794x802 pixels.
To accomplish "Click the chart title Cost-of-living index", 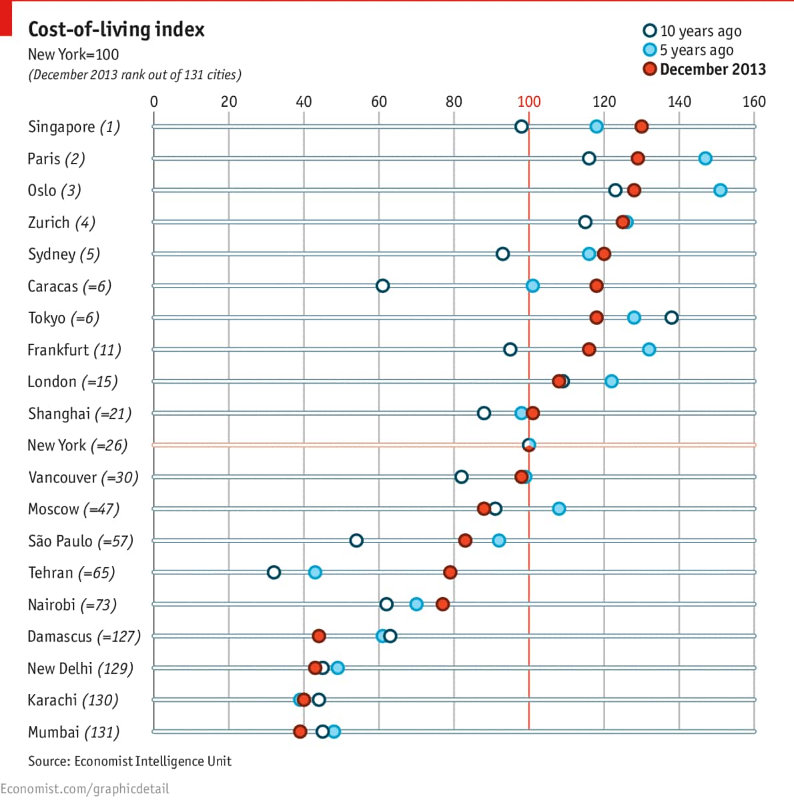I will pyautogui.click(x=116, y=29).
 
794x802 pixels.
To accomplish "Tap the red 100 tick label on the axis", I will pyautogui.click(x=529, y=101).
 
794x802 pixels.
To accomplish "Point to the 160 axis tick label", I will pyautogui.click(x=754, y=101).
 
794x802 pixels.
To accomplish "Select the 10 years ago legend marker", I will pyautogui.click(x=649, y=31).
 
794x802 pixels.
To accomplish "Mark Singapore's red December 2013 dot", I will pyautogui.click(x=641, y=127).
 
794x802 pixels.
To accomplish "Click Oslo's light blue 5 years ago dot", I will pyautogui.click(x=720, y=190).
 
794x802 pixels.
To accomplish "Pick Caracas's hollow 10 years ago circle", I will pyautogui.click(x=382, y=286).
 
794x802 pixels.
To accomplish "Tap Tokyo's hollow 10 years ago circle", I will pyautogui.click(x=671, y=318).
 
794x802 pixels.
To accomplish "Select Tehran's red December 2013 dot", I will pyautogui.click(x=450, y=572).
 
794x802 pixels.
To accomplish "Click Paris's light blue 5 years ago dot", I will pyautogui.click(x=705, y=158).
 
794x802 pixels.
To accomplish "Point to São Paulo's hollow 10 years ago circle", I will pyautogui.click(x=356, y=540).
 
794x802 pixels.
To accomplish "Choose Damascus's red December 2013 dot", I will pyautogui.click(x=319, y=636).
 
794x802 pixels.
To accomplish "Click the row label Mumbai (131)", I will pyautogui.click(x=73, y=732).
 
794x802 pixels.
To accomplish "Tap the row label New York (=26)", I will pyautogui.click(x=77, y=445).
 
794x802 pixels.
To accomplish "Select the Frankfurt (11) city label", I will pyautogui.click(x=74, y=350).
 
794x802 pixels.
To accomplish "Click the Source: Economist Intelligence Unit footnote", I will pyautogui.click(x=129, y=761).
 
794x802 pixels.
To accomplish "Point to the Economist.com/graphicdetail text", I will pyautogui.click(x=85, y=789).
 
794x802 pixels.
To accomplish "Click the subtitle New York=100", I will pyautogui.click(x=73, y=55).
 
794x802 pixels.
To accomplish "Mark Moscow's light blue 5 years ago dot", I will pyautogui.click(x=559, y=508).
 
